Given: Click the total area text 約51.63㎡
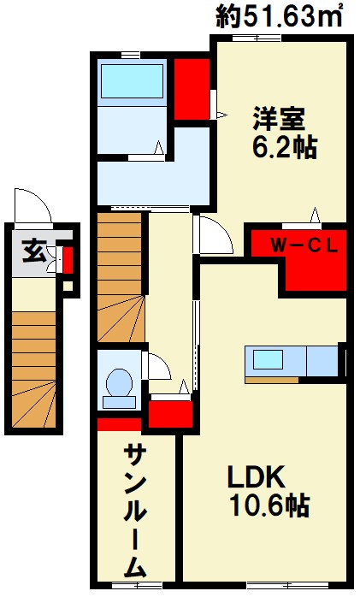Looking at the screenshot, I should point(280,17).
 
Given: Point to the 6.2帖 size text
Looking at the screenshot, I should point(284,147).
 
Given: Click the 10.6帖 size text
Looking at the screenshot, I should point(269,506).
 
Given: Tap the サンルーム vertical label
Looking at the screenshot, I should point(136,511).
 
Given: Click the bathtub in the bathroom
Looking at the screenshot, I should point(132,81).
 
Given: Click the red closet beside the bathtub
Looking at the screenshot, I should point(192,88).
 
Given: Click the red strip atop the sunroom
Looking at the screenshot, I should point(119,423).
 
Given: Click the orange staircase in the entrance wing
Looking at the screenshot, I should point(36,368).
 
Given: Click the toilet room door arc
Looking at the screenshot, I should point(159,368).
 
